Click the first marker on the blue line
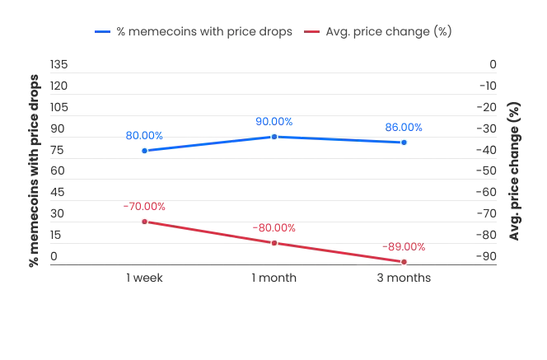pyautogui.click(x=145, y=151)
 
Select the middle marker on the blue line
pyautogui.click(x=274, y=136)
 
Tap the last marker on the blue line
pyautogui.click(x=403, y=143)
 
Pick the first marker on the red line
pyautogui.click(x=145, y=222)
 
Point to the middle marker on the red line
pyautogui.click(x=274, y=243)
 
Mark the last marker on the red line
pyautogui.click(x=404, y=262)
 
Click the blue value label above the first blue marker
pyautogui.click(x=145, y=134)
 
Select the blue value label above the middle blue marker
pyautogui.click(x=274, y=121)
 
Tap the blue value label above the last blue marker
pyautogui.click(x=404, y=127)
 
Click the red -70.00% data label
pyautogui.click(x=145, y=206)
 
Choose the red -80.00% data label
pyautogui.click(x=274, y=227)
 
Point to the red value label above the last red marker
pyautogui.click(x=406, y=246)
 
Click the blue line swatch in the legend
pyautogui.click(x=102, y=30)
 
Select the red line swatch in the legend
pyautogui.click(x=312, y=30)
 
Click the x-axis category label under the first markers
pyautogui.click(x=145, y=278)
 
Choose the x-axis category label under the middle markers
pyautogui.click(x=273, y=278)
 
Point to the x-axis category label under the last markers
pyautogui.click(x=404, y=278)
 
